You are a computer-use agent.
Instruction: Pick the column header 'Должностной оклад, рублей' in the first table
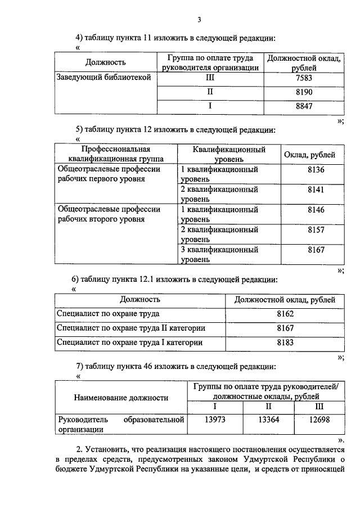click(x=303, y=62)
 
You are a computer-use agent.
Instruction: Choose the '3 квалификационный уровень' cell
click(x=219, y=255)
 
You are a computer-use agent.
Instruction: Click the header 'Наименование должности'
click(x=121, y=398)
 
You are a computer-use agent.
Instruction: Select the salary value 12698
click(x=319, y=420)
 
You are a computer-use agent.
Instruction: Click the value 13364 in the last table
click(x=268, y=420)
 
